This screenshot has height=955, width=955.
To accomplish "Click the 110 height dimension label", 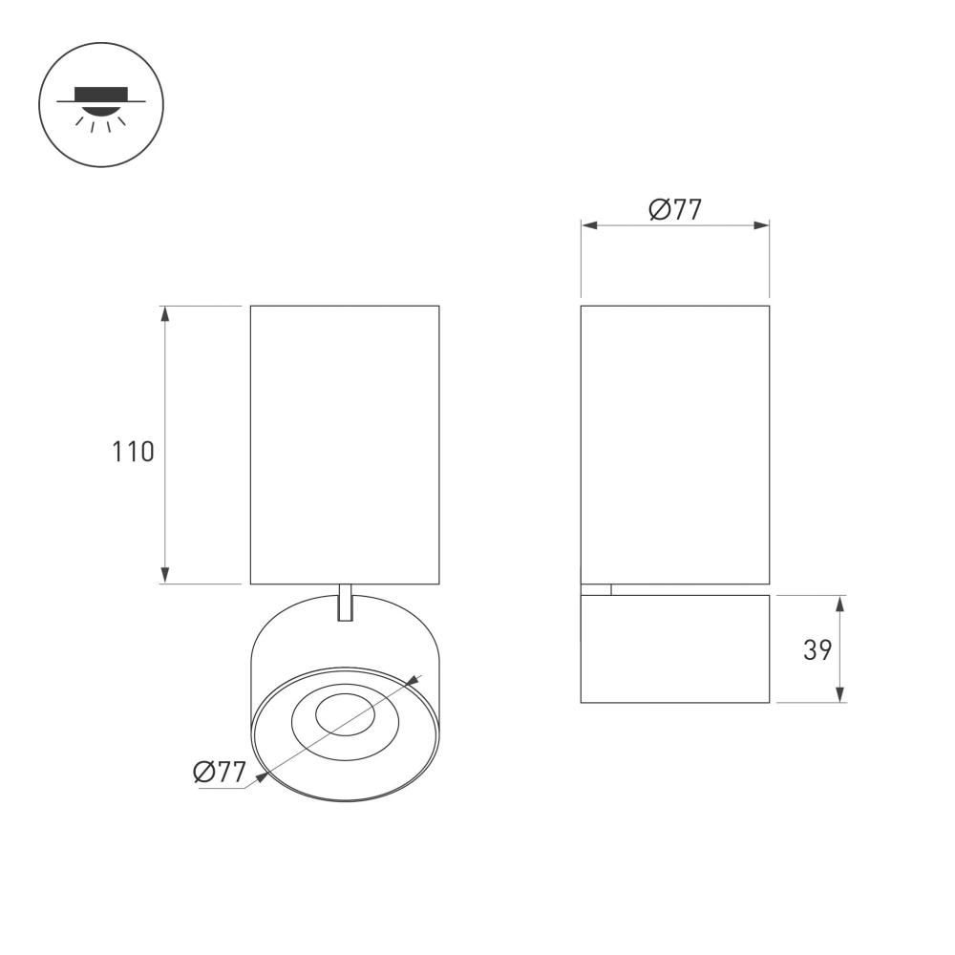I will pos(134,452).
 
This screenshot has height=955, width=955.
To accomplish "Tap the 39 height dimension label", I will pos(817,650).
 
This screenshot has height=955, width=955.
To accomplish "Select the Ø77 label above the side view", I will pos(675,209).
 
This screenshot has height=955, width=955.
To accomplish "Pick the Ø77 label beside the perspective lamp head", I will pos(220,772).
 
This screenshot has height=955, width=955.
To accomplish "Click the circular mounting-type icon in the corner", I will pos(101,104).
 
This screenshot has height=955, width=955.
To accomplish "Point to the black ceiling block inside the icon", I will pos(101,93).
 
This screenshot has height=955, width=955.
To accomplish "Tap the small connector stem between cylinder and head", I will pos(346,603).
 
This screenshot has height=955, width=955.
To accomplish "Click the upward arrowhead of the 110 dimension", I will pos(165,314).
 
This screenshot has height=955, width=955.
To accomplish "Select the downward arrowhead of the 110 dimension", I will pos(165,575).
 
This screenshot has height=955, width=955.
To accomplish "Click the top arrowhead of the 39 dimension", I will pos(840,603).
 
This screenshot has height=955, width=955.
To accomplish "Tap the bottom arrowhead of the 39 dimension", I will pos(840,695).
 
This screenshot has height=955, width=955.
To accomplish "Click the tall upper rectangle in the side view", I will pos(675,444).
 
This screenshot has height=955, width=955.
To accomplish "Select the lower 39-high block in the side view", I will pos(675,649).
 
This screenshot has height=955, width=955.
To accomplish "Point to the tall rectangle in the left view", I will pos(345,444).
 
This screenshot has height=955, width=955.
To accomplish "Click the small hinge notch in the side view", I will pos(596,589).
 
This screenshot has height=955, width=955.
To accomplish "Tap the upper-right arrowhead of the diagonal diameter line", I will pos(414,681).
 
